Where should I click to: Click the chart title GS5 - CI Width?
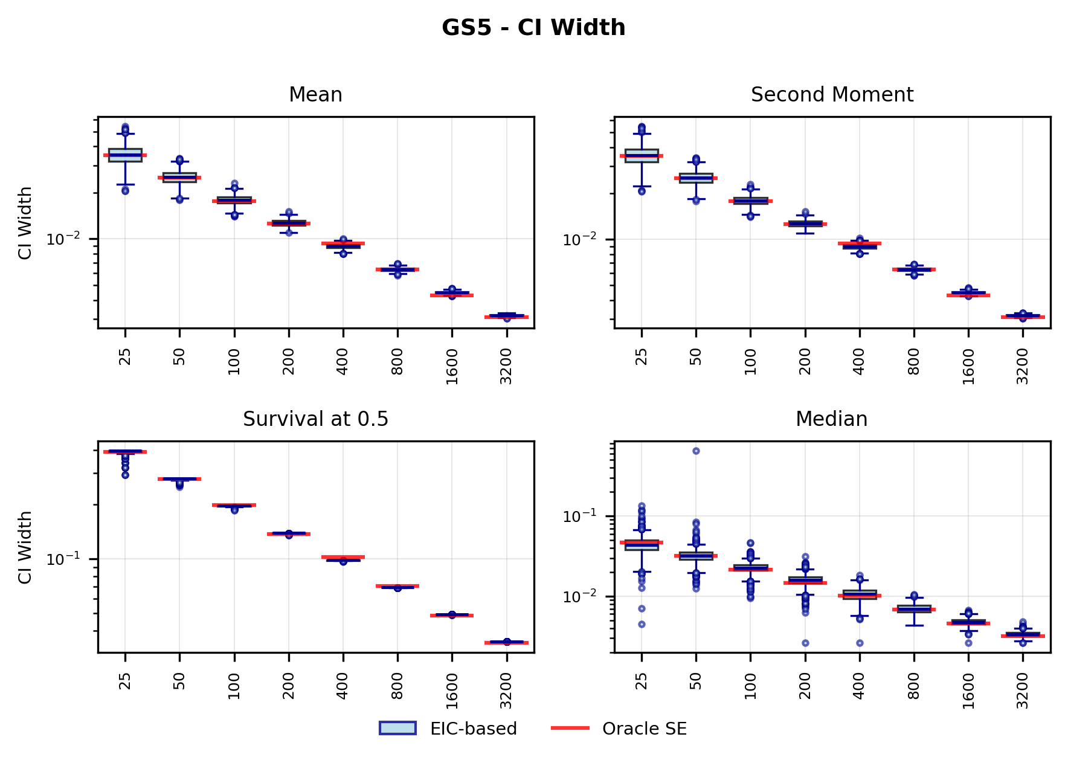point(533,28)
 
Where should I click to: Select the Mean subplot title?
point(315,95)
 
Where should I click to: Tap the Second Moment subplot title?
point(832,95)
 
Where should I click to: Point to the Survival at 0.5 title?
point(315,419)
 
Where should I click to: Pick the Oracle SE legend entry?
point(619,729)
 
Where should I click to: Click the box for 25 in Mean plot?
point(125,155)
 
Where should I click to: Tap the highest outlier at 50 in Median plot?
point(696,451)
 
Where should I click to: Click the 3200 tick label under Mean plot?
point(506,366)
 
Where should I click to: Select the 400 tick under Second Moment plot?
point(860,361)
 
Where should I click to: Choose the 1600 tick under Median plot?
point(968,691)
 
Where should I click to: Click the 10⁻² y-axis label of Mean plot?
point(63,239)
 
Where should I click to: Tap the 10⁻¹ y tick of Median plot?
point(579,516)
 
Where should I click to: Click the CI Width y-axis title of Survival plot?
point(25,547)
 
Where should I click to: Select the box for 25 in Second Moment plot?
point(642,155)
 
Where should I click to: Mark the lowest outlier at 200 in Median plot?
point(805,643)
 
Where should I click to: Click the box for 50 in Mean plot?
point(179,177)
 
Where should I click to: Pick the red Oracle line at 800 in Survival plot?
point(397,585)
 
